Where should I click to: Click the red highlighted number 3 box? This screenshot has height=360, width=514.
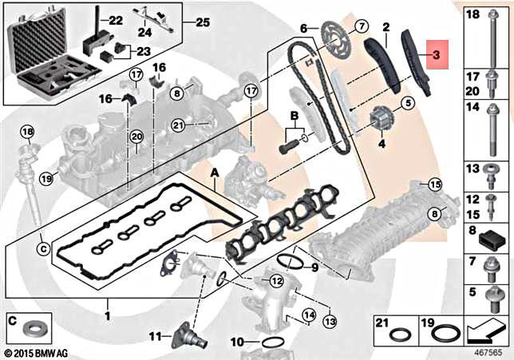click(x=437, y=55)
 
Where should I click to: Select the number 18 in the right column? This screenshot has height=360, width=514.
click(x=472, y=14)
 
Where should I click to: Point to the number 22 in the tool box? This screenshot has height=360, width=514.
click(x=116, y=20)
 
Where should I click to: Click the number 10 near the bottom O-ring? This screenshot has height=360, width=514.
click(x=236, y=342)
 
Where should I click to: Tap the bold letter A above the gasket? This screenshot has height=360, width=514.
click(x=213, y=173)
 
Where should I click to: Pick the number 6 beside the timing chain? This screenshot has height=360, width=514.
click(x=303, y=28)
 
